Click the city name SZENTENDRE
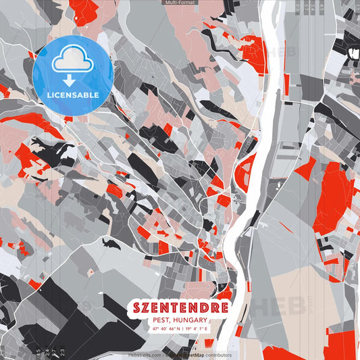[x=180, y=308]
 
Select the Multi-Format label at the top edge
[x=179, y=3]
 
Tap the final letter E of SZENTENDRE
[x=222, y=308]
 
